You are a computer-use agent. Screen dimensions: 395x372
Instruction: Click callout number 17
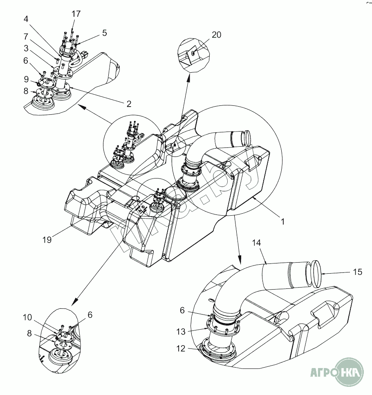coord(76,13)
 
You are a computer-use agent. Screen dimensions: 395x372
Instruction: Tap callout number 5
coord(104,33)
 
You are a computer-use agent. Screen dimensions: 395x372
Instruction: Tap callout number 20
coord(216,35)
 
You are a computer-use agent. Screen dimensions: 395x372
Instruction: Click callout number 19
coord(47,240)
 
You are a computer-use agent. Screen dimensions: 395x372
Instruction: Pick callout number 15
coord(357,272)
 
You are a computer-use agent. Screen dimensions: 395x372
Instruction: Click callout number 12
coord(182,348)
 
